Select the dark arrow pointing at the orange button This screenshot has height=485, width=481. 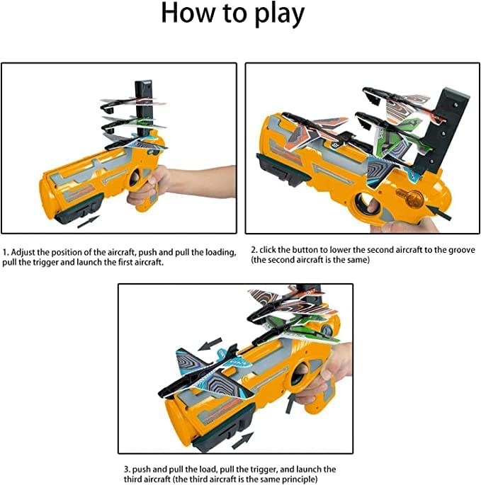(x=443, y=205)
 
